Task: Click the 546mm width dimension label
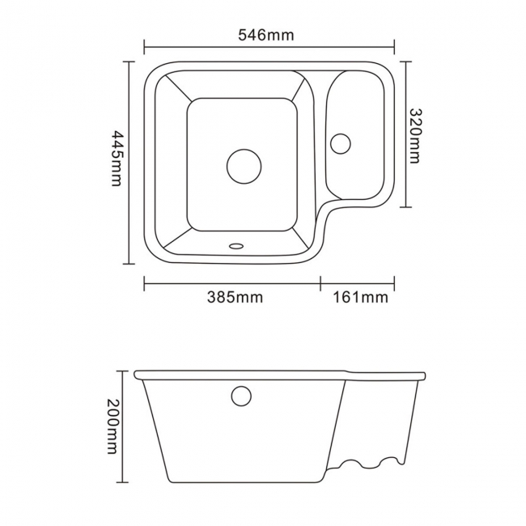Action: [x=266, y=35]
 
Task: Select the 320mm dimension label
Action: [x=415, y=135]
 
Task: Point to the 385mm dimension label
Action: [x=235, y=297]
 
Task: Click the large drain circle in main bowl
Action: [x=244, y=165]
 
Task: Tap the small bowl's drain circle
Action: [x=340, y=142]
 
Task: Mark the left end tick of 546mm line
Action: [x=144, y=47]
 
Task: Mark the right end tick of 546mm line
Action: [x=395, y=47]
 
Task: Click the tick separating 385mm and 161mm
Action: [x=320, y=282]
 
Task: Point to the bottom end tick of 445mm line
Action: [x=129, y=264]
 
